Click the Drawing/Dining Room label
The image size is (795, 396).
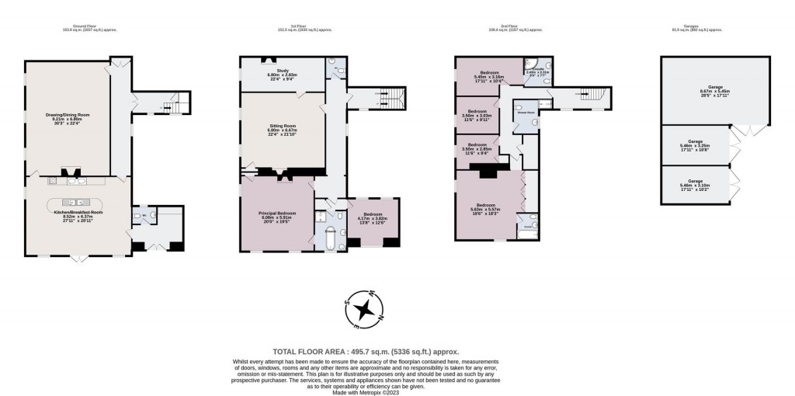[x=68, y=117]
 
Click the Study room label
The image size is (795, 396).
[x=283, y=72]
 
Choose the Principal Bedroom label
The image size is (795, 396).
[x=276, y=214]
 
